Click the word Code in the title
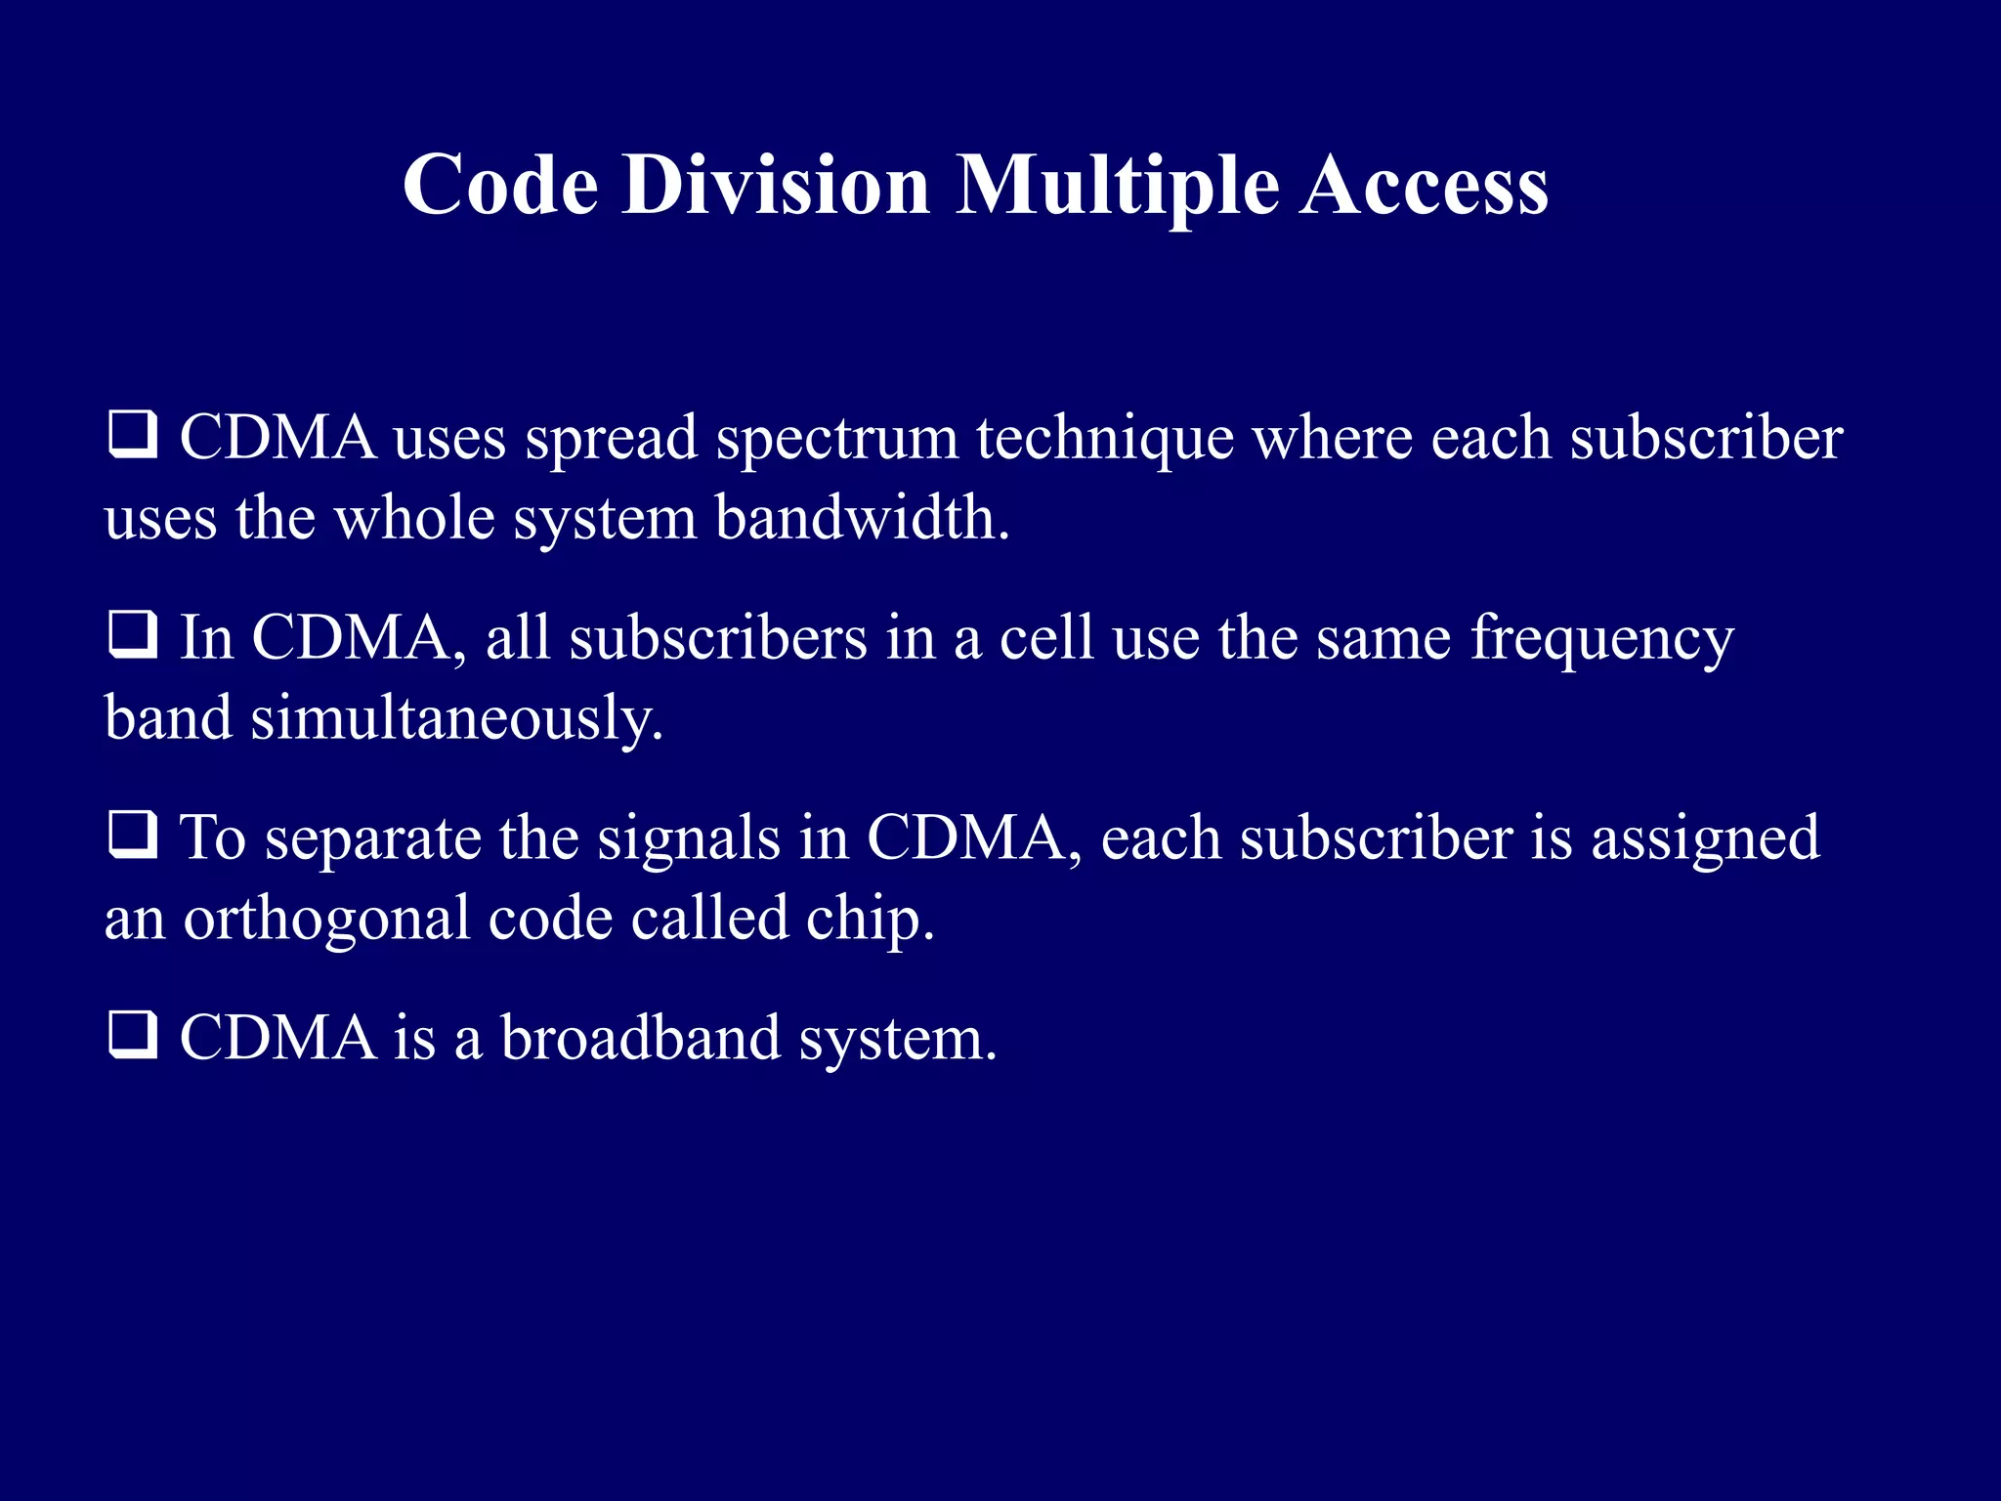(x=500, y=186)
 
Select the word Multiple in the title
(x=1117, y=186)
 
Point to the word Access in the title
(x=1424, y=186)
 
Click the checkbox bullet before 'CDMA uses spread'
(x=132, y=435)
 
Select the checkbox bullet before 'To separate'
(x=132, y=836)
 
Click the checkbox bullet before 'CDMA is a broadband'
(x=132, y=1036)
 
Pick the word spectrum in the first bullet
(x=837, y=440)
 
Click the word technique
(x=1105, y=440)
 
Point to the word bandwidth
(x=862, y=518)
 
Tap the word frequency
(x=1602, y=640)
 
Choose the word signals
(x=689, y=838)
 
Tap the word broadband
(x=641, y=1038)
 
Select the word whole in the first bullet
(x=415, y=518)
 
